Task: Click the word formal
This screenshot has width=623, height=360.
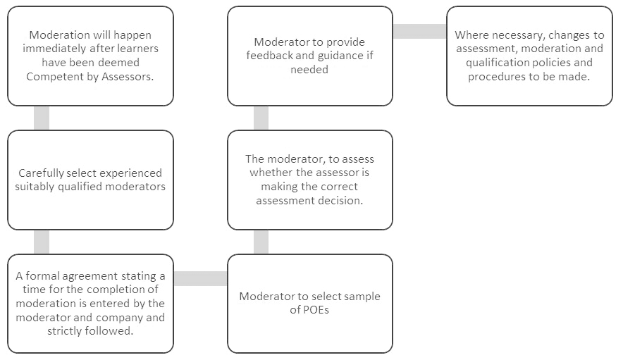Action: click(x=42, y=275)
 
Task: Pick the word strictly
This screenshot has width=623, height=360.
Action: click(x=65, y=330)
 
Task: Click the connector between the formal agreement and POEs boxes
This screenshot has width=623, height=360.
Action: click(x=201, y=278)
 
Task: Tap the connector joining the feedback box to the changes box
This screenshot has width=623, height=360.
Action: click(x=420, y=32)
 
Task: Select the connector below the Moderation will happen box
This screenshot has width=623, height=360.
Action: click(x=42, y=118)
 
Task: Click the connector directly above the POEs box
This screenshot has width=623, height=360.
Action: click(x=261, y=242)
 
